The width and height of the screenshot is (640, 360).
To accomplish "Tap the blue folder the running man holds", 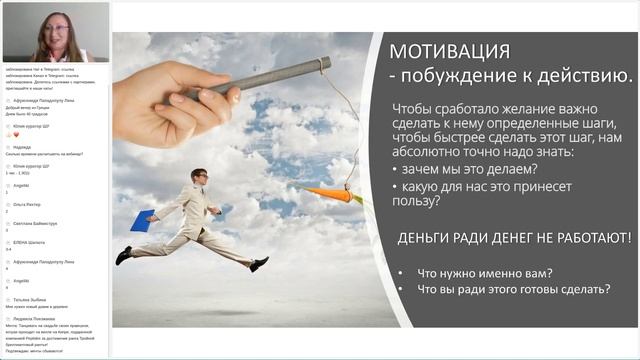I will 142,220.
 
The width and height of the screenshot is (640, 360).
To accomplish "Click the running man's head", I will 199,176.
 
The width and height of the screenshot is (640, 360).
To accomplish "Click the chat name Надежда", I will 22,146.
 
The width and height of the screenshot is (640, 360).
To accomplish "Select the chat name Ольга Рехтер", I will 27,205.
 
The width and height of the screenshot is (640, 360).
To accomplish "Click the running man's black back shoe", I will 123,257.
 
